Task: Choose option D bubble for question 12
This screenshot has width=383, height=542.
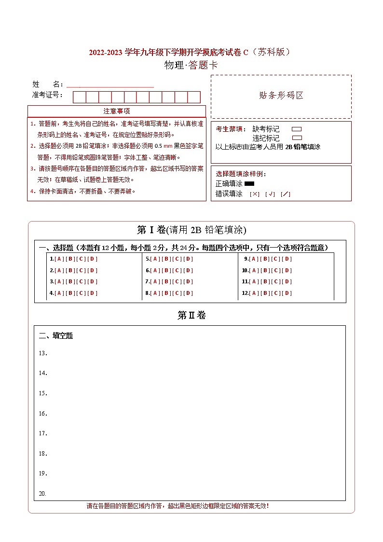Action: pos(287,293)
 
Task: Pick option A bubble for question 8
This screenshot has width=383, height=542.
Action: pos(155,293)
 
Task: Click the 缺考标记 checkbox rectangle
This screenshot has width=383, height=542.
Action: pos(297,129)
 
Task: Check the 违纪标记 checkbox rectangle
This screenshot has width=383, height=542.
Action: pos(297,138)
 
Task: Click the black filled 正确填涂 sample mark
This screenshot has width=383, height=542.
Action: pos(249,184)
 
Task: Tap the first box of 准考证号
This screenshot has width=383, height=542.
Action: pos(79,97)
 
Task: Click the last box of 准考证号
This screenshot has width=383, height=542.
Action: pos(194,97)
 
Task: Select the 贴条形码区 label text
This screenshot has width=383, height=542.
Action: pos(281,96)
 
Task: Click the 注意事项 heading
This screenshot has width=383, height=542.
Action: pos(117,111)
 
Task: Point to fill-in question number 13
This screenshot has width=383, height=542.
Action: pos(42,353)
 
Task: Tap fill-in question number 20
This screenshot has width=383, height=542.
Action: pos(42,494)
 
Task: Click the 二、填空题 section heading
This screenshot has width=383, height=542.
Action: pos(56,336)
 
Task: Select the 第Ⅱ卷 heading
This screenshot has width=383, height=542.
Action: pos(191,316)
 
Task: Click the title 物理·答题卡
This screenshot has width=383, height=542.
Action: pos(191,65)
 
